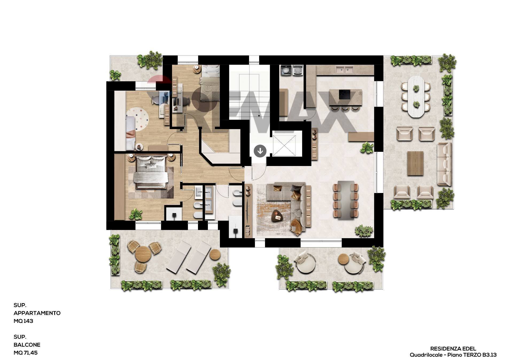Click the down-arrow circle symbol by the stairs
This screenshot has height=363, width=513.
tap(260, 151)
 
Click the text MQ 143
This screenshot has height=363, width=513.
tap(24, 321)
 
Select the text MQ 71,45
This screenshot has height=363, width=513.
tap(26, 353)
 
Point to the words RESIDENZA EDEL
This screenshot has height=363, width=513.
tap(453, 349)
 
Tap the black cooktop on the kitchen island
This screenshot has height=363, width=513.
tap(345, 94)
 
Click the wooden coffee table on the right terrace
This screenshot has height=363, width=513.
tap(415, 163)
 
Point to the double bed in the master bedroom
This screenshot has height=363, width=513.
tap(151, 172)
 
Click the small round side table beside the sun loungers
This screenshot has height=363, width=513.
tap(215, 254)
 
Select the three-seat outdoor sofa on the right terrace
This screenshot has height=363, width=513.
tap(444, 164)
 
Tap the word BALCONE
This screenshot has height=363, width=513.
tap(27, 345)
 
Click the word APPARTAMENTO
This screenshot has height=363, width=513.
tap(37, 313)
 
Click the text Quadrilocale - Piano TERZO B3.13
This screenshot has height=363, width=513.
tap(453, 355)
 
